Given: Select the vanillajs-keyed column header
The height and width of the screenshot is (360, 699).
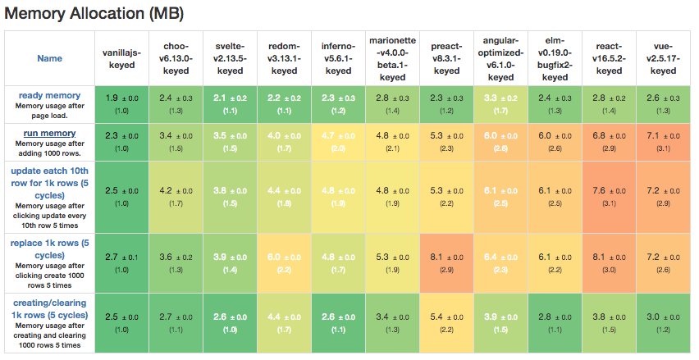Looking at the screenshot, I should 121,58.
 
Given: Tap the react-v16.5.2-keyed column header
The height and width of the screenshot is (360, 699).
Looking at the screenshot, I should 609,58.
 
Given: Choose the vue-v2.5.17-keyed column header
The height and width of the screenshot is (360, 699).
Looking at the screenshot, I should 663,58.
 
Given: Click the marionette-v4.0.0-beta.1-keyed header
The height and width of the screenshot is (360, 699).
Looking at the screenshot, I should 392,58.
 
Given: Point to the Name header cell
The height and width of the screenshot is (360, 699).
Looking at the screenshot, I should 49,58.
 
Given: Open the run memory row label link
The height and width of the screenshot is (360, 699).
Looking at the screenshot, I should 49,133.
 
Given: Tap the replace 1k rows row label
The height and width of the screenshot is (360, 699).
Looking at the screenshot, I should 49,244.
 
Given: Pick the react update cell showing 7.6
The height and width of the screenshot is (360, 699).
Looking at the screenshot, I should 609,195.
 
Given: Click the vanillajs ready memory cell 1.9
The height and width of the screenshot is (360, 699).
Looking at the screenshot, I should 121,103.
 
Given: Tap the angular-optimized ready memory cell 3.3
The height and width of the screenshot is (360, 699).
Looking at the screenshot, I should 500,103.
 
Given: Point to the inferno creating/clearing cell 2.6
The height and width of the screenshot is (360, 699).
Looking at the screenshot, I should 338,322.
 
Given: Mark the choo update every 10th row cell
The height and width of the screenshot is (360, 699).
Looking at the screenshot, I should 176,195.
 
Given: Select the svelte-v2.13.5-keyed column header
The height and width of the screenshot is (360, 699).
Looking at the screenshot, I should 230,58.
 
